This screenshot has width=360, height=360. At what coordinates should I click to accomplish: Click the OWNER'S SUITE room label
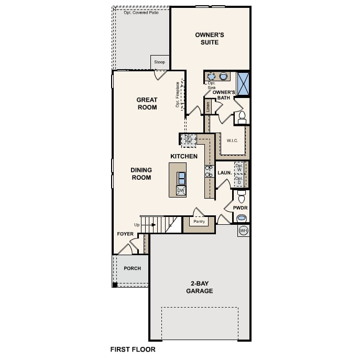pyautogui.click(x=210, y=38)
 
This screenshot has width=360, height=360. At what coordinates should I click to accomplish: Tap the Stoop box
pyautogui.click(x=159, y=62)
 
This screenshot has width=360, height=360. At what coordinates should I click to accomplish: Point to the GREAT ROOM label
pyautogui.click(x=147, y=103)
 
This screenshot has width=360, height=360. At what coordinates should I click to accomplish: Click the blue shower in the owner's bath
pyautogui.click(x=244, y=84)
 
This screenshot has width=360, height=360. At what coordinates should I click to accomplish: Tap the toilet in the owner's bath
pyautogui.click(x=242, y=117)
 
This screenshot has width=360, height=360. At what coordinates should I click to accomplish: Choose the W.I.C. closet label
pyautogui.click(x=233, y=140)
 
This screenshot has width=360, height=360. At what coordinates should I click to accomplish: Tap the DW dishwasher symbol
pyautogui.click(x=181, y=190)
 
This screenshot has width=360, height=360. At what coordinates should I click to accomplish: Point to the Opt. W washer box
pyautogui.click(x=239, y=168)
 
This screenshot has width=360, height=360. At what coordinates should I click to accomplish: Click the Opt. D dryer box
pyautogui.click(x=239, y=181)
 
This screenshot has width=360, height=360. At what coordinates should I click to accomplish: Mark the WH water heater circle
pyautogui.click(x=243, y=231)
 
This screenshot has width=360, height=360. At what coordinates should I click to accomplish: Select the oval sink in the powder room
pyautogui.click(x=242, y=218)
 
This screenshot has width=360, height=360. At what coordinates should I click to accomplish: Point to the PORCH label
pyautogui.click(x=132, y=268)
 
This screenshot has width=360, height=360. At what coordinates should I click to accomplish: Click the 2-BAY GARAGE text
pyautogui.click(x=199, y=287)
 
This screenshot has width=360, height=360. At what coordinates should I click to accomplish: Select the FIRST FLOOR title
pyautogui.click(x=133, y=348)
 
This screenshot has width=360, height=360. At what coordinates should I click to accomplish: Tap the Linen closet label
pyautogui.click(x=208, y=107)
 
